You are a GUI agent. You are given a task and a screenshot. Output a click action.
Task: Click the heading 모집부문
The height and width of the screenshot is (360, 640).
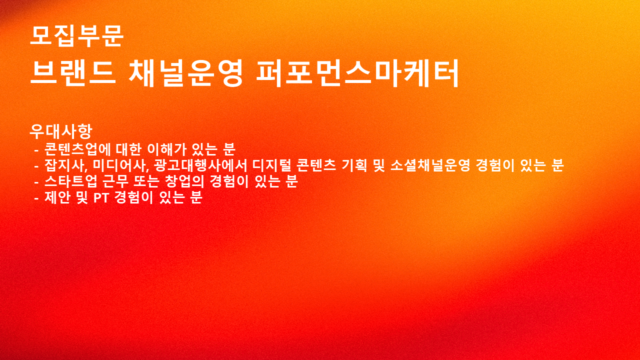[x=76, y=36]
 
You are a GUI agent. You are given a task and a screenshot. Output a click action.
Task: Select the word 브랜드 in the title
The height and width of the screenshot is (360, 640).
[x=73, y=73]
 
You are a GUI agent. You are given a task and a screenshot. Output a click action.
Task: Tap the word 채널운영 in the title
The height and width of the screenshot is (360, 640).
[x=185, y=73]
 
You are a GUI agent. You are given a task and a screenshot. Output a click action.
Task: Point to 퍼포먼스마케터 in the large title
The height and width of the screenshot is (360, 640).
[x=357, y=73]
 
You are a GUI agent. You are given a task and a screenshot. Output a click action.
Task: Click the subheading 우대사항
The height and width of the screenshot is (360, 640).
[x=61, y=131]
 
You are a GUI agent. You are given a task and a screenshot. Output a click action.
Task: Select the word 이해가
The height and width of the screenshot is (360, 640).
[x=167, y=149]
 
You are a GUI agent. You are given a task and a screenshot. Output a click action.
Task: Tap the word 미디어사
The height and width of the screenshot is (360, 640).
[x=120, y=165]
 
